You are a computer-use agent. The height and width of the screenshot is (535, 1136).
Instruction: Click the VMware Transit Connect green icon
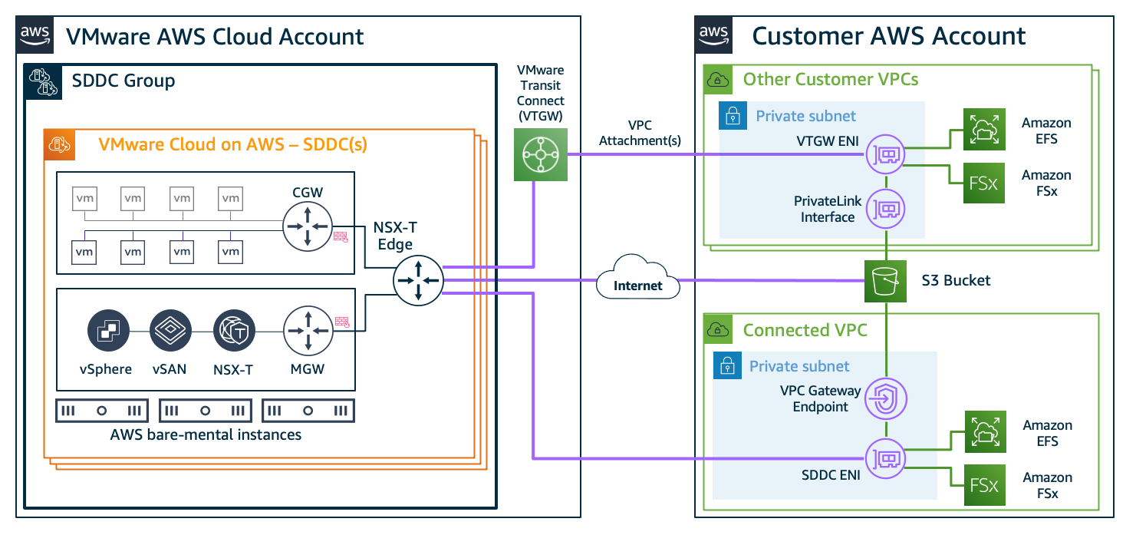(x=540, y=154)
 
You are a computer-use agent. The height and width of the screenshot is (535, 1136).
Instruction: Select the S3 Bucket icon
(x=886, y=281)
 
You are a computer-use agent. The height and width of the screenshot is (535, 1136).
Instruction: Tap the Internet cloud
(x=638, y=283)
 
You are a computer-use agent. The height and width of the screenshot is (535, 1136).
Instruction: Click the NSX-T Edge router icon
(x=418, y=280)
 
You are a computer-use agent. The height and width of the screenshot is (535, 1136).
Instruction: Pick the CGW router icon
(x=307, y=226)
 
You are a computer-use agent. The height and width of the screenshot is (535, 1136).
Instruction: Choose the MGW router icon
(x=307, y=331)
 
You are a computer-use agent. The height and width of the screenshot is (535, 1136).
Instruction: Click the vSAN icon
(x=170, y=331)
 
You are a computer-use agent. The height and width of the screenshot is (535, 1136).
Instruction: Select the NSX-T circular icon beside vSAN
(x=233, y=331)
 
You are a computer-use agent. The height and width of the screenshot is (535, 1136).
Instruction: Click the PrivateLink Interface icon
(x=886, y=207)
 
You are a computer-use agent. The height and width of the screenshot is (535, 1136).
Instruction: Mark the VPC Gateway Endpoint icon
(x=886, y=399)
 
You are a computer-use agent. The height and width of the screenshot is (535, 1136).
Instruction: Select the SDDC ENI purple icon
(x=886, y=459)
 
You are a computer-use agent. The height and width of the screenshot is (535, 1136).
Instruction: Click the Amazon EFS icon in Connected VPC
(x=983, y=432)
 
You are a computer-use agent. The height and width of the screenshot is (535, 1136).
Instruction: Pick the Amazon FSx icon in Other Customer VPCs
(x=983, y=183)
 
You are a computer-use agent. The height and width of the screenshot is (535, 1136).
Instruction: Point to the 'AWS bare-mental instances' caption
(x=206, y=435)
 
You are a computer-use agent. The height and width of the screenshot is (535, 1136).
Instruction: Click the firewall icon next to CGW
(x=341, y=238)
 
